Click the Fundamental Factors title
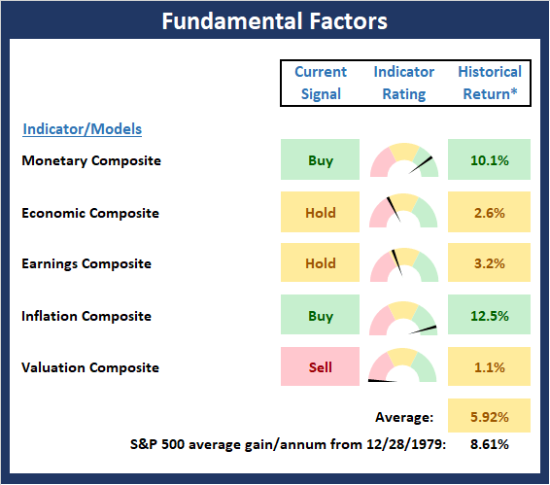(275, 21)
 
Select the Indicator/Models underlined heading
(82, 129)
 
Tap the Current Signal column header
(321, 83)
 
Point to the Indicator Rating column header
(403, 83)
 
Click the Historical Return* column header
(490, 83)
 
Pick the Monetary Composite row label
(91, 160)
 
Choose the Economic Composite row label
(90, 213)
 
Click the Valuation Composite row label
(90, 367)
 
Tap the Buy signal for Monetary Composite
(321, 159)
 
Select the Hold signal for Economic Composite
(321, 212)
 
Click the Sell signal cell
(321, 366)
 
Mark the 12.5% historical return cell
(489, 315)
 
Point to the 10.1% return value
(490, 160)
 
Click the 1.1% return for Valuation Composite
(490, 367)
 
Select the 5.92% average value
(490, 417)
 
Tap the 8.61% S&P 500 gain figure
(490, 444)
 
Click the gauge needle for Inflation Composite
(423, 329)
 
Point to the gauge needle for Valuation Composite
(382, 380)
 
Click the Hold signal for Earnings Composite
(321, 262)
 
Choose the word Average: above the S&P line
(404, 417)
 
